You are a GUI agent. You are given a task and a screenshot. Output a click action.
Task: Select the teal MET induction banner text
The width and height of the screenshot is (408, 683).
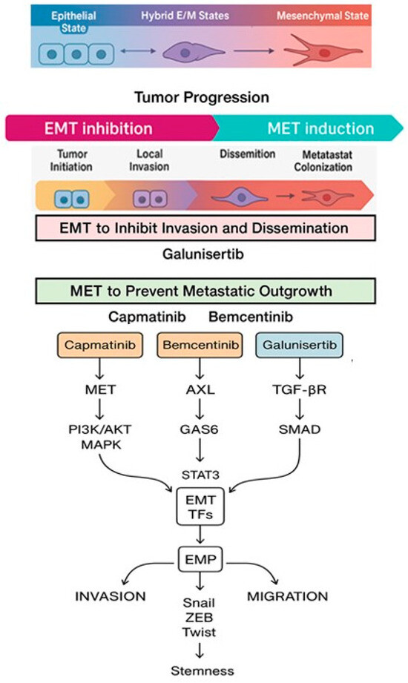(x=320, y=128)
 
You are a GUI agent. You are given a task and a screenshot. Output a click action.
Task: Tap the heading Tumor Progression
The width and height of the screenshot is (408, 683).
(x=203, y=97)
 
